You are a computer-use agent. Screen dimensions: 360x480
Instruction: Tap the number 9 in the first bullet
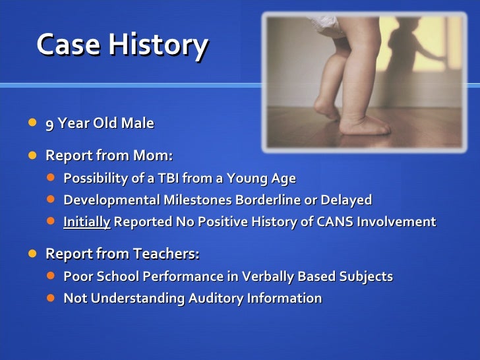49,123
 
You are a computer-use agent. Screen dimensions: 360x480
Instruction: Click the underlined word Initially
86,222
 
